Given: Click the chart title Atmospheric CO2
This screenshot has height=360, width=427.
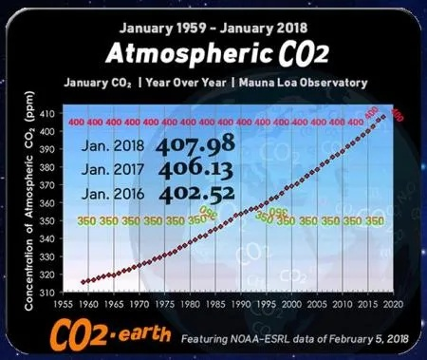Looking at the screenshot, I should [x=214, y=50].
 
